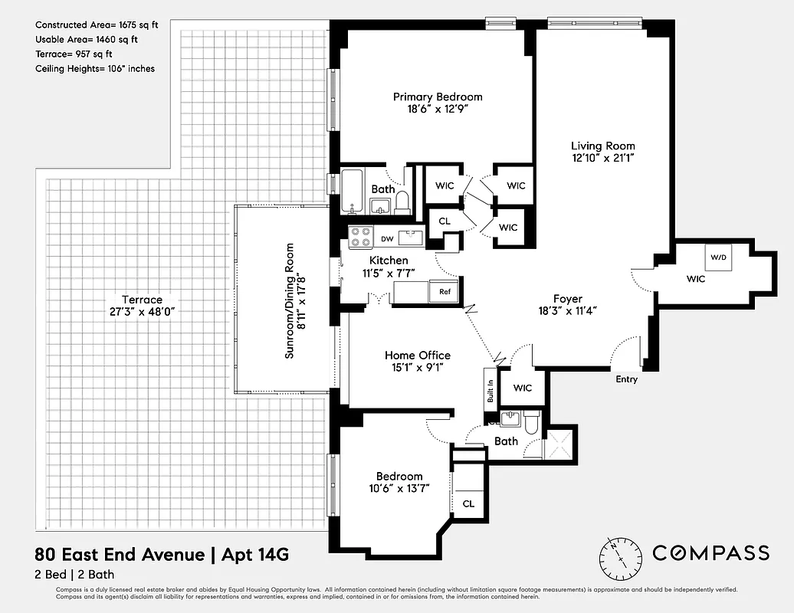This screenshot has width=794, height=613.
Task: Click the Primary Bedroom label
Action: tap(438, 97)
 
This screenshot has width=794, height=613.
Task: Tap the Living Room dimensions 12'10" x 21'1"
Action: tap(602, 159)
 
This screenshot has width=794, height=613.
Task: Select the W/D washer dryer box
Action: tap(718, 257)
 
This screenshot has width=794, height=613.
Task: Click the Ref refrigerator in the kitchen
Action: tap(445, 292)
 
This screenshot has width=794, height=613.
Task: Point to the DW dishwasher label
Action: tap(387, 239)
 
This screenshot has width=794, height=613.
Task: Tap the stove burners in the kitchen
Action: tap(359, 238)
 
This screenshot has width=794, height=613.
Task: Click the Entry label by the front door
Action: tap(626, 379)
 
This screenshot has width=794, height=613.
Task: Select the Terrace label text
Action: tap(142, 300)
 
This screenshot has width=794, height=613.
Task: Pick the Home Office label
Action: tap(417, 356)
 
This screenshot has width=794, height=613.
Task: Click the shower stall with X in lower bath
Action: tap(557, 443)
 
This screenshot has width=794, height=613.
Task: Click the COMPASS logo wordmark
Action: tap(710, 552)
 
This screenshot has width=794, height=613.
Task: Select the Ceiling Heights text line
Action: tap(95, 69)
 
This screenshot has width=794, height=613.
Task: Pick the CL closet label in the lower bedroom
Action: tap(468, 503)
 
